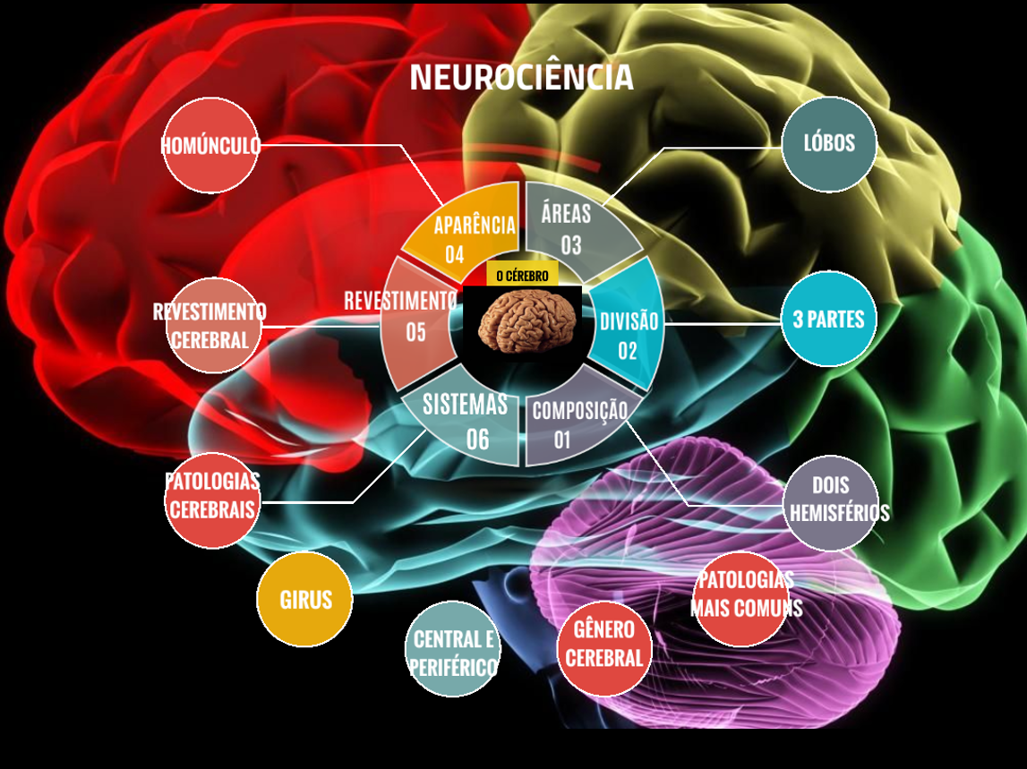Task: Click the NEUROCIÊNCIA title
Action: pyautogui.click(x=521, y=78)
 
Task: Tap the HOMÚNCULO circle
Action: pyautogui.click(x=211, y=146)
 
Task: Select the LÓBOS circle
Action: pyautogui.click(x=829, y=144)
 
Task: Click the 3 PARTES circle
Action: pyautogui.click(x=828, y=320)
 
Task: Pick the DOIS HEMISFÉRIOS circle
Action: pyautogui.click(x=831, y=502)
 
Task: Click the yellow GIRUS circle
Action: pyautogui.click(x=304, y=600)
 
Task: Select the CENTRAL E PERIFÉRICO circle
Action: pyautogui.click(x=453, y=651)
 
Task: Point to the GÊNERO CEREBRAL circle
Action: pyautogui.click(x=604, y=648)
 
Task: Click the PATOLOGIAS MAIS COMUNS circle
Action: pyautogui.click(x=742, y=597)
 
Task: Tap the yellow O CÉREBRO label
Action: pyautogui.click(x=522, y=275)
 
